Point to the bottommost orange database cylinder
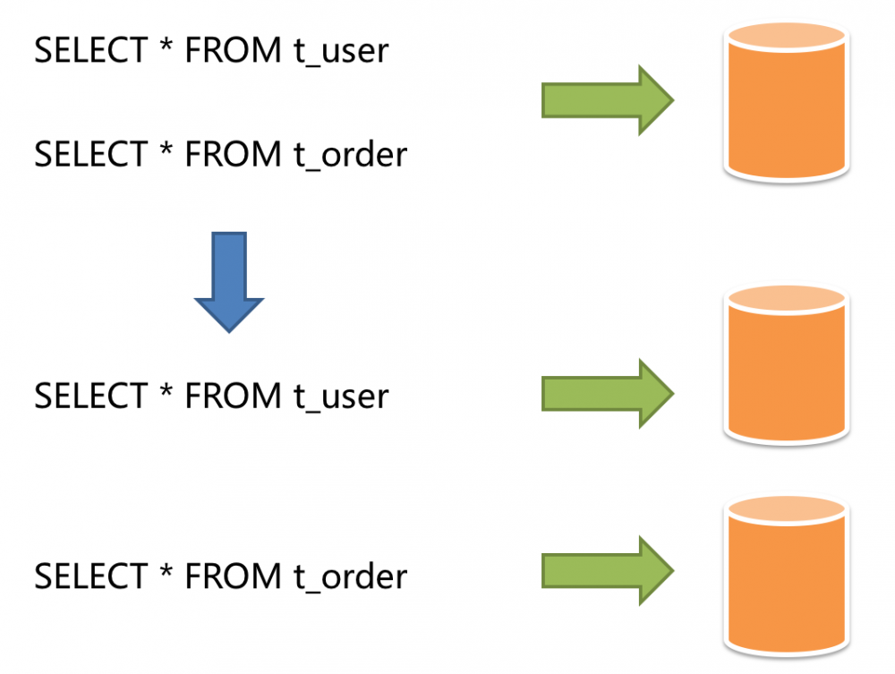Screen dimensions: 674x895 [787, 577]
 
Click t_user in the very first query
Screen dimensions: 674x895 [341, 50]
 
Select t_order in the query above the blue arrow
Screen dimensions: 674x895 [350, 155]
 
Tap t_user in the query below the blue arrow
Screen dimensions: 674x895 [341, 395]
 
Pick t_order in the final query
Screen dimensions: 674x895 [350, 576]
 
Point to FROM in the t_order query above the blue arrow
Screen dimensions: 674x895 [233, 155]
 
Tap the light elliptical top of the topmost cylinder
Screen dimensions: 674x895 [787, 37]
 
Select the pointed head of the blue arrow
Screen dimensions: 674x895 [229, 312]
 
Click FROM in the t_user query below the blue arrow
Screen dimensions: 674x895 [233, 395]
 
